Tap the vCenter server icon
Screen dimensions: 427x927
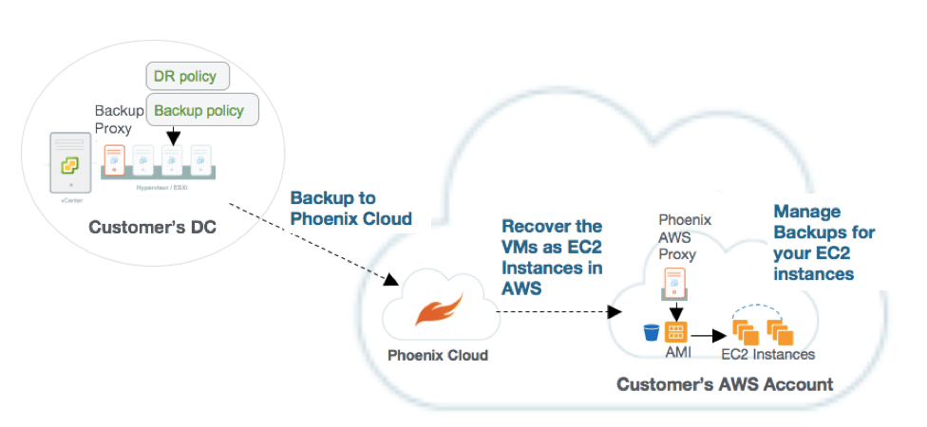click(x=70, y=166)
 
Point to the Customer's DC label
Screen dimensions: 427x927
click(x=144, y=228)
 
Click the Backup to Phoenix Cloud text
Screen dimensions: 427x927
click(x=350, y=208)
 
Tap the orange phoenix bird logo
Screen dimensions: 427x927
click(x=437, y=312)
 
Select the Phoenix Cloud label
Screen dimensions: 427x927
click(x=438, y=356)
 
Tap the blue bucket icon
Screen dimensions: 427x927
click(x=651, y=333)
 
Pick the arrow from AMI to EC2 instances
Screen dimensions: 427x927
click(x=707, y=334)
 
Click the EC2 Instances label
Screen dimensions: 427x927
click(x=767, y=355)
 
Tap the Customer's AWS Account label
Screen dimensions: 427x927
click(x=725, y=385)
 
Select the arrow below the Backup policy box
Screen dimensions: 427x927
click(x=172, y=138)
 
